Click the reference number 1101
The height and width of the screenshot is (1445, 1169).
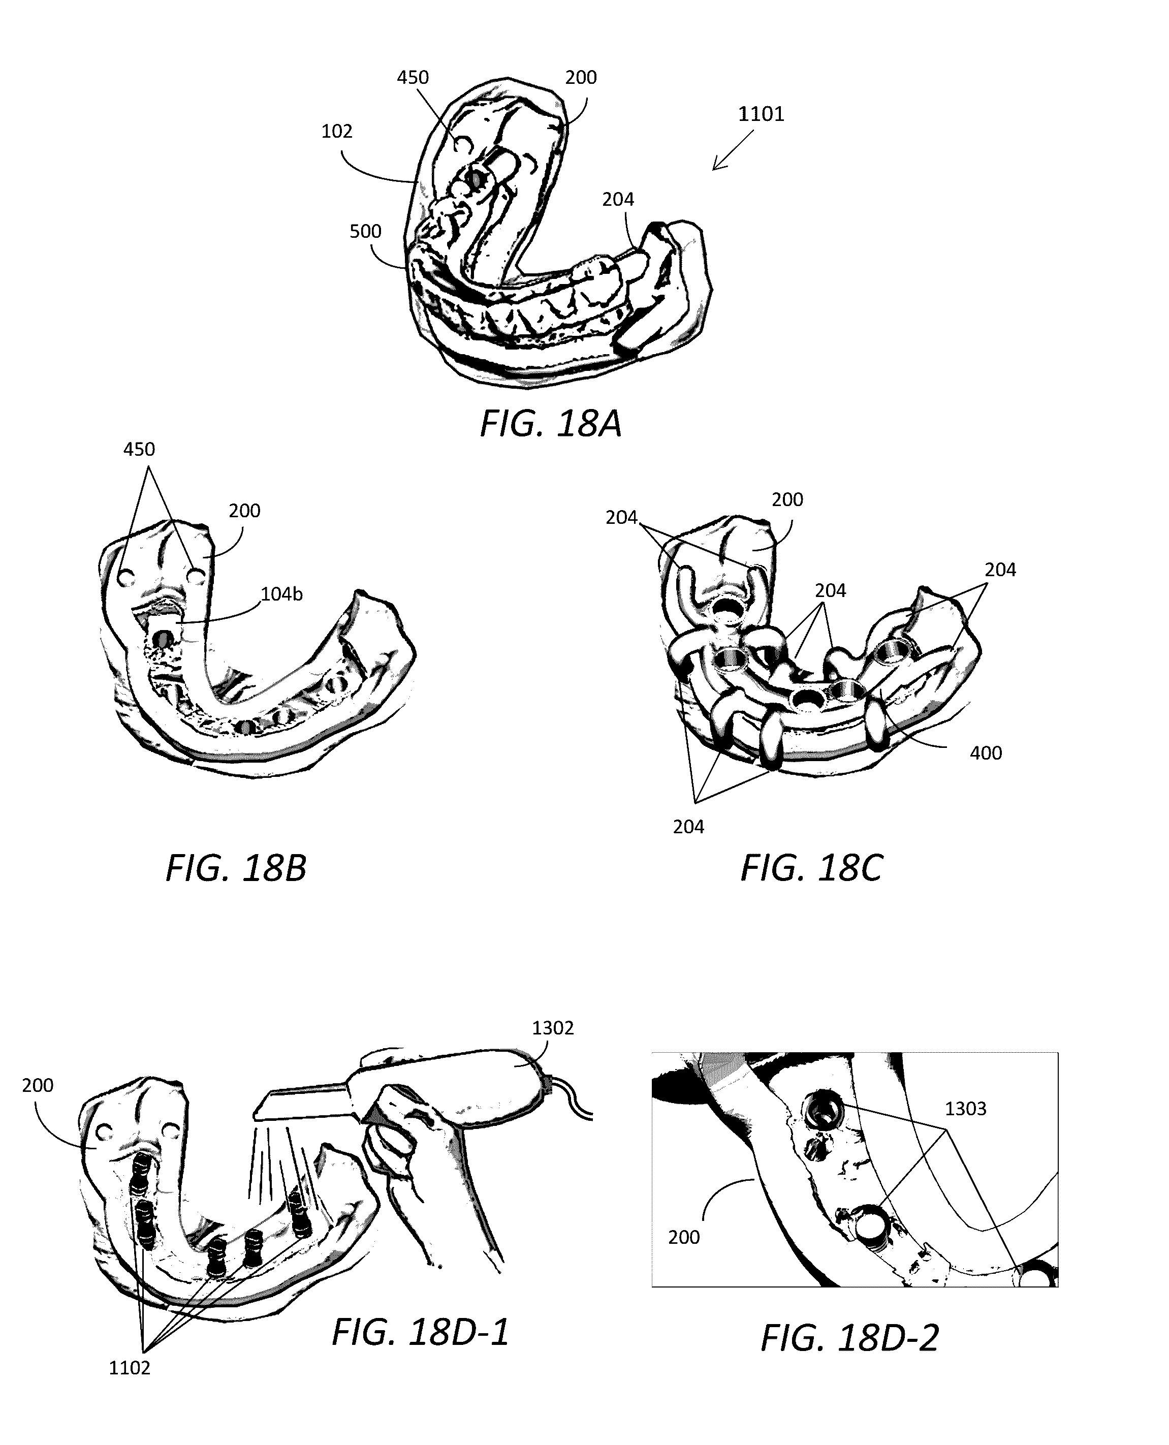click(x=761, y=114)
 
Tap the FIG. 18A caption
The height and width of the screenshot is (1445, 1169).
click(x=550, y=424)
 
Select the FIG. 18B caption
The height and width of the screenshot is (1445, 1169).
click(x=236, y=869)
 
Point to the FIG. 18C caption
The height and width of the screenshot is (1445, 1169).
click(x=811, y=869)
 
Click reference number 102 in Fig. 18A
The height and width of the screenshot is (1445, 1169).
click(x=337, y=131)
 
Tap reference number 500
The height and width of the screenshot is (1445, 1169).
click(x=365, y=232)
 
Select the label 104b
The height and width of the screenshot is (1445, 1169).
click(x=281, y=594)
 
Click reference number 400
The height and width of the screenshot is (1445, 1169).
click(x=985, y=753)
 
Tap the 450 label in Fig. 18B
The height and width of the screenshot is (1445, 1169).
click(x=139, y=449)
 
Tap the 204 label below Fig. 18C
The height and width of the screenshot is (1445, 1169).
click(x=688, y=827)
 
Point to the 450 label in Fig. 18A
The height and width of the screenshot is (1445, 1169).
click(x=412, y=77)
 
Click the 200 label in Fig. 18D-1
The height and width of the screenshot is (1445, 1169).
click(x=38, y=1085)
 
